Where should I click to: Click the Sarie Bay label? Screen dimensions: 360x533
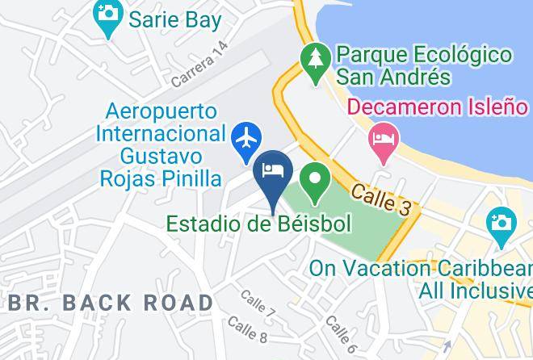coord(174,19)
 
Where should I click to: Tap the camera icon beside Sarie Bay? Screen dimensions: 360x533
coord(106,19)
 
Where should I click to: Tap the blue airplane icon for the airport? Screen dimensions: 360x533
coord(246,137)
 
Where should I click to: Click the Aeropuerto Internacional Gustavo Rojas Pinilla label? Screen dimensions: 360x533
coord(161,144)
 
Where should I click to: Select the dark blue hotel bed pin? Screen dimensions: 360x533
coord(272,172)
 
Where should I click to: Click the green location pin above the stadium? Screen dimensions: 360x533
coord(314,177)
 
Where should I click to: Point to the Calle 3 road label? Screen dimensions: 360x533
coord(381,199)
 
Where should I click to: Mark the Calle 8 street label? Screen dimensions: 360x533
coord(247,328)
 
